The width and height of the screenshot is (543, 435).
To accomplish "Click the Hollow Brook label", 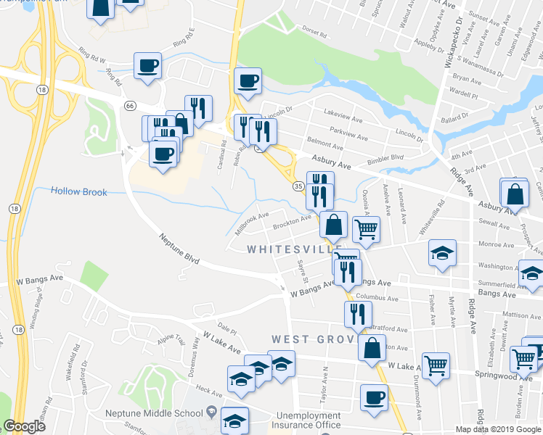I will coord(79,192).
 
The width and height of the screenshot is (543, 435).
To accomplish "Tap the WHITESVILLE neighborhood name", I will coord(294,249).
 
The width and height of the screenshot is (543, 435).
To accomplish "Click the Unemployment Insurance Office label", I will coord(307,420).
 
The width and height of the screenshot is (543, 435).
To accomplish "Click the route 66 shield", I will coord(129,106).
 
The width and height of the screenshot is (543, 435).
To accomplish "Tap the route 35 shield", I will coord(298,186).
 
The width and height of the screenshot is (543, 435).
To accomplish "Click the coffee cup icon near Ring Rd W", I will coord(147,66).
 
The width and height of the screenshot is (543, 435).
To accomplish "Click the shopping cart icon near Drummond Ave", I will coord(436,365).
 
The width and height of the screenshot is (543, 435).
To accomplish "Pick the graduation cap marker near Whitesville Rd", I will coord(441,254).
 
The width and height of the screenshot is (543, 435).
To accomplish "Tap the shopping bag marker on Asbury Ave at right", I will coord(515,194).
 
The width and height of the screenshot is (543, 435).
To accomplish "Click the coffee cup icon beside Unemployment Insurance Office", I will coord(375,397).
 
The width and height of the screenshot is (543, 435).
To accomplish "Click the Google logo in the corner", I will coord(24,426).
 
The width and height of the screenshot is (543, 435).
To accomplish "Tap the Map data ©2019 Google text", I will coord(498,429).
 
